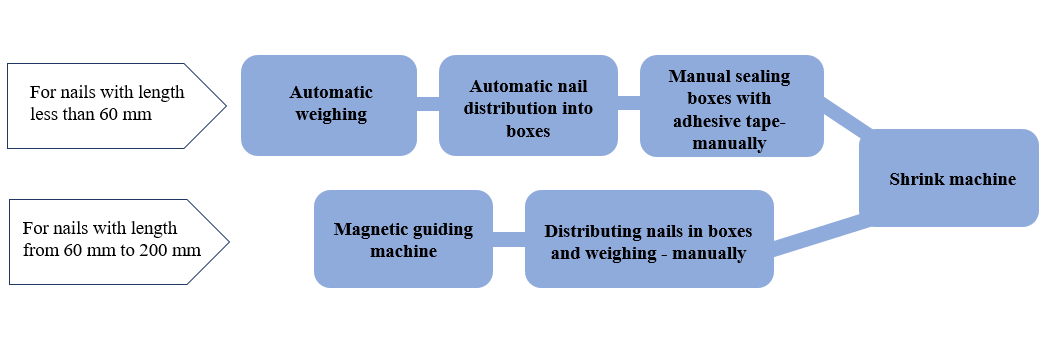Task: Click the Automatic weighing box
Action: pos(329,105)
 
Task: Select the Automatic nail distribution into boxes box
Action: pos(528,105)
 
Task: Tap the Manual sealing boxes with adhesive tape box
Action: pos(731,105)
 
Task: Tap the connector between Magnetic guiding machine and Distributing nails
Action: pos(508,238)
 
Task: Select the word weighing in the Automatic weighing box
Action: pos(330,115)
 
